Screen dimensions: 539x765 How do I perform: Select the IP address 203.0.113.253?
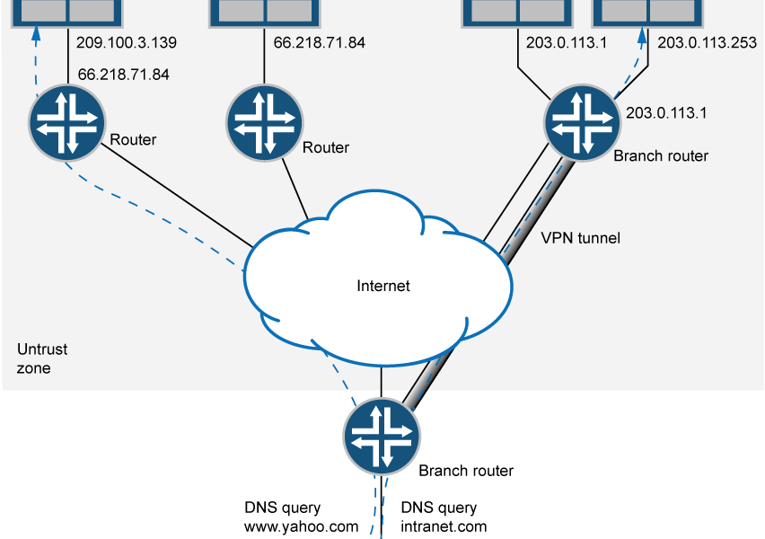(x=707, y=42)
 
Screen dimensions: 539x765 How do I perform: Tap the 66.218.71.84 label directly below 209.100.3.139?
(x=124, y=75)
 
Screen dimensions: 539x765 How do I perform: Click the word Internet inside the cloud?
(x=383, y=286)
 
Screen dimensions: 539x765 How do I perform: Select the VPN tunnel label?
(x=580, y=239)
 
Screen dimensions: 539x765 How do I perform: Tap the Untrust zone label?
(x=42, y=358)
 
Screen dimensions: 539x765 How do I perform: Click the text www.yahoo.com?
(x=301, y=526)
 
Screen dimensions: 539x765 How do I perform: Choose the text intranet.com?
(x=444, y=526)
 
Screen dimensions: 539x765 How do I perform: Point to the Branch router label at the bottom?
(x=466, y=471)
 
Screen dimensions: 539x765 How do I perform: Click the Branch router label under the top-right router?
(x=660, y=155)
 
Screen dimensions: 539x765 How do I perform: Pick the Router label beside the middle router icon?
(x=326, y=147)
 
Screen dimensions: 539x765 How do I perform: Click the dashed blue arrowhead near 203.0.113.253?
(x=642, y=37)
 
